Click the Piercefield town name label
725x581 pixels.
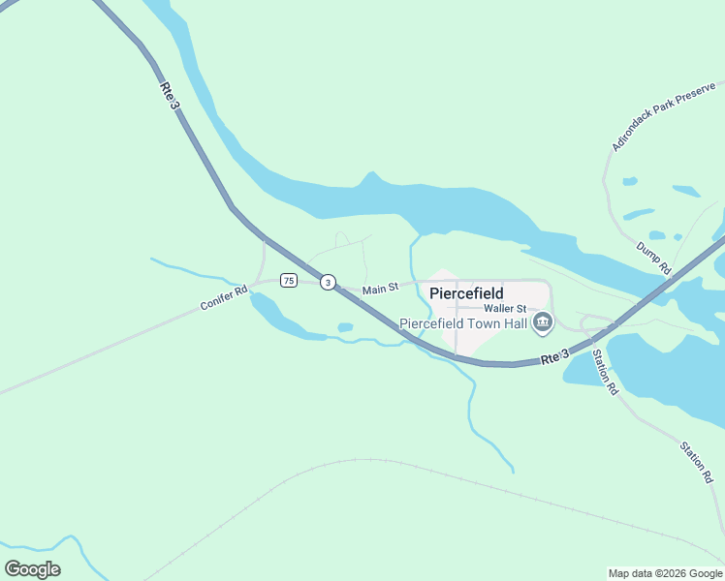[466, 292]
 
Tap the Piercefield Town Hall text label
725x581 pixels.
[463, 323]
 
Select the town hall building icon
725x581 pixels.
[543, 322]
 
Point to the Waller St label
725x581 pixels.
[505, 308]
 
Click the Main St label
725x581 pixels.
[380, 289]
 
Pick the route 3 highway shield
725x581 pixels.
[329, 283]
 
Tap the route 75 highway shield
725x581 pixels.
[288, 281]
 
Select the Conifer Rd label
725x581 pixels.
[224, 296]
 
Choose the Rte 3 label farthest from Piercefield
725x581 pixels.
[171, 95]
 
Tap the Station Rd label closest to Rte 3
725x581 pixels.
[606, 373]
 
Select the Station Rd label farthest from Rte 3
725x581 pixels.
[695, 463]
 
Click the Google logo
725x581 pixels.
[32, 569]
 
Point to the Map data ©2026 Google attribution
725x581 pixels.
[665, 573]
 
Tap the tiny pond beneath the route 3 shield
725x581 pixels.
[345, 327]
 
